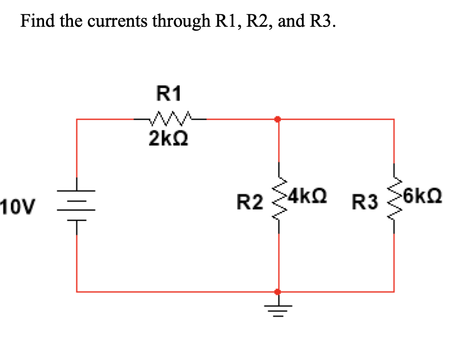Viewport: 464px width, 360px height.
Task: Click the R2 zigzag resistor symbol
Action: pyautogui.click(x=278, y=199)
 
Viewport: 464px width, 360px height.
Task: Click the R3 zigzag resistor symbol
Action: pyautogui.click(x=394, y=199)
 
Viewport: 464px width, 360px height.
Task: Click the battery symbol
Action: pyautogui.click(x=76, y=205)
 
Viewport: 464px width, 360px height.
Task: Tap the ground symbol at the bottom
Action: pyautogui.click(x=278, y=309)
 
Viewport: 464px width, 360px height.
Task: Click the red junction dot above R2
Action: pyautogui.click(x=278, y=119)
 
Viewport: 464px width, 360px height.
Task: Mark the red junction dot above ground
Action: pyautogui.click(x=278, y=292)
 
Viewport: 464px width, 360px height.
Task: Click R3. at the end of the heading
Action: pyautogui.click(x=321, y=20)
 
